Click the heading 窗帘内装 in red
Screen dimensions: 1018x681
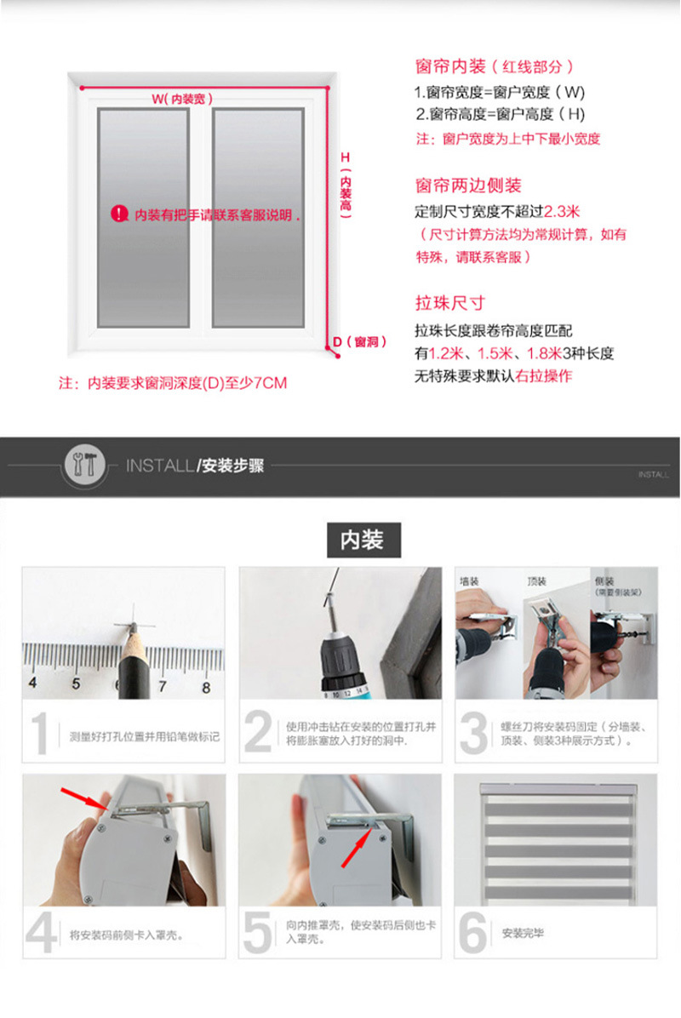point(450,66)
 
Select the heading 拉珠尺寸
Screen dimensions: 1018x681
point(449,303)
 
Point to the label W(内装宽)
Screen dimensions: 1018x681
point(182,99)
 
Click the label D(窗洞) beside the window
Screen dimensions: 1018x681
point(359,342)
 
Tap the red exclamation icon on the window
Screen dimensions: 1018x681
point(119,214)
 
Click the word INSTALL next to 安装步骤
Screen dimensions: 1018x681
point(160,466)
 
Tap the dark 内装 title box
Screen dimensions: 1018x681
point(363,540)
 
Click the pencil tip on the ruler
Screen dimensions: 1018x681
point(131,629)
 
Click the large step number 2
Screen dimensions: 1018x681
point(259,735)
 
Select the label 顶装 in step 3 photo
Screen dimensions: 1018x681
point(537,583)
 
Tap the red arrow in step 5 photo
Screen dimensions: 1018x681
point(356,849)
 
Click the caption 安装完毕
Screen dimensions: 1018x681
point(523,933)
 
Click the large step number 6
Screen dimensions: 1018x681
point(472,933)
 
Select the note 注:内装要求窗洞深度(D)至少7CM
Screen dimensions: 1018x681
point(172,383)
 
